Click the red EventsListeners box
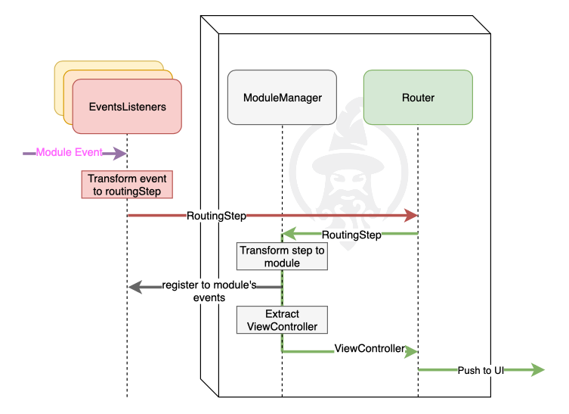(x=127, y=107)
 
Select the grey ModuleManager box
(x=282, y=98)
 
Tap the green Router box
(x=418, y=98)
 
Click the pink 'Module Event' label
(x=69, y=153)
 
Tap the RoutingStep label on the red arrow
(x=217, y=216)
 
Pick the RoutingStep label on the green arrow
(x=351, y=235)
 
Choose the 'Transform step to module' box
(x=282, y=257)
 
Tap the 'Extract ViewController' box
(x=282, y=320)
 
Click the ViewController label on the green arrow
(x=370, y=349)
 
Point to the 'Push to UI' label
(x=481, y=370)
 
